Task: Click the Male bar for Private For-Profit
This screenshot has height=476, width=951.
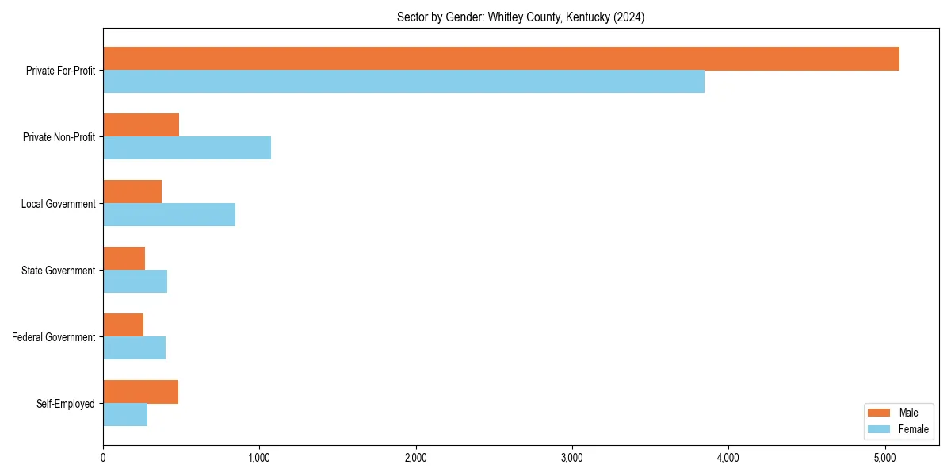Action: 501,59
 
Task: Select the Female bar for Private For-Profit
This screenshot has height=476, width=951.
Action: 403,82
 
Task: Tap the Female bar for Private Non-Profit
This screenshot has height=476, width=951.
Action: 187,148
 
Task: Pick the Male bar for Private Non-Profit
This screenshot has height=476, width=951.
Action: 141,125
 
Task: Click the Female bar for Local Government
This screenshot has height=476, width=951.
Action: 169,215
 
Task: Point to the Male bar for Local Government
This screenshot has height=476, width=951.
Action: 132,192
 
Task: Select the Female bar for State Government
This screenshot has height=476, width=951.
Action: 135,282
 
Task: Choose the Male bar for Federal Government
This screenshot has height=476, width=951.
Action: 123,325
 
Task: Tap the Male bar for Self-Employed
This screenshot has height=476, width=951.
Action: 140,392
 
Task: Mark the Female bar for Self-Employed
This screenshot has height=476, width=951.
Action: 125,415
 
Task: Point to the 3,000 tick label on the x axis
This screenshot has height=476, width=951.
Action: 571,458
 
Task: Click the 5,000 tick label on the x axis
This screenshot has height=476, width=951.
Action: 884,458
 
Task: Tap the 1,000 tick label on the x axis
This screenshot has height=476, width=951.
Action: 259,458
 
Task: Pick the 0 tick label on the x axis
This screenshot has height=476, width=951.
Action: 103,458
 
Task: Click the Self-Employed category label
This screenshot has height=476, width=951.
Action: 65,404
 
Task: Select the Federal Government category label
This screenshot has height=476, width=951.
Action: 53,337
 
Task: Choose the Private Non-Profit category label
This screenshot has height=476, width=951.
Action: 59,137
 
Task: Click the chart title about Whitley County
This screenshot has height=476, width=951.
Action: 521,17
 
